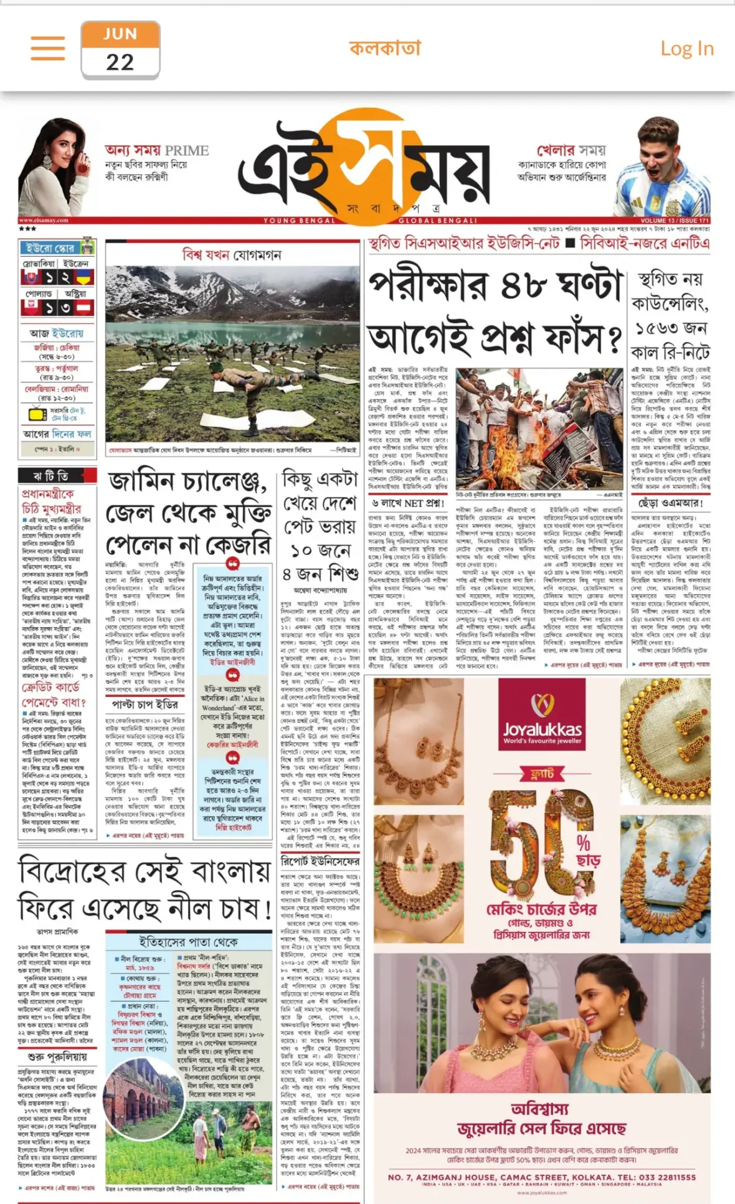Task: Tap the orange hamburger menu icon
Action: [x=48, y=48]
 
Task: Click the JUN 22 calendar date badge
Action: [x=120, y=50]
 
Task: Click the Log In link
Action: [x=686, y=49]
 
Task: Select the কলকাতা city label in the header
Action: [x=385, y=48]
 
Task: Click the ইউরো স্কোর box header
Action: [x=51, y=248]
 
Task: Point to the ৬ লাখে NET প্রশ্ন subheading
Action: [x=408, y=503]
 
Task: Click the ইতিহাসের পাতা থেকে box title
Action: [x=188, y=942]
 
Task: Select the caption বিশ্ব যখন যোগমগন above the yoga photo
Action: [x=232, y=255]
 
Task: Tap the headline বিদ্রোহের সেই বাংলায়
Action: [x=145, y=871]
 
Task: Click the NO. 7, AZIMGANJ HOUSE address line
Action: [x=541, y=1177]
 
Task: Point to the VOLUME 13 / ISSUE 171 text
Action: [x=675, y=220]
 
